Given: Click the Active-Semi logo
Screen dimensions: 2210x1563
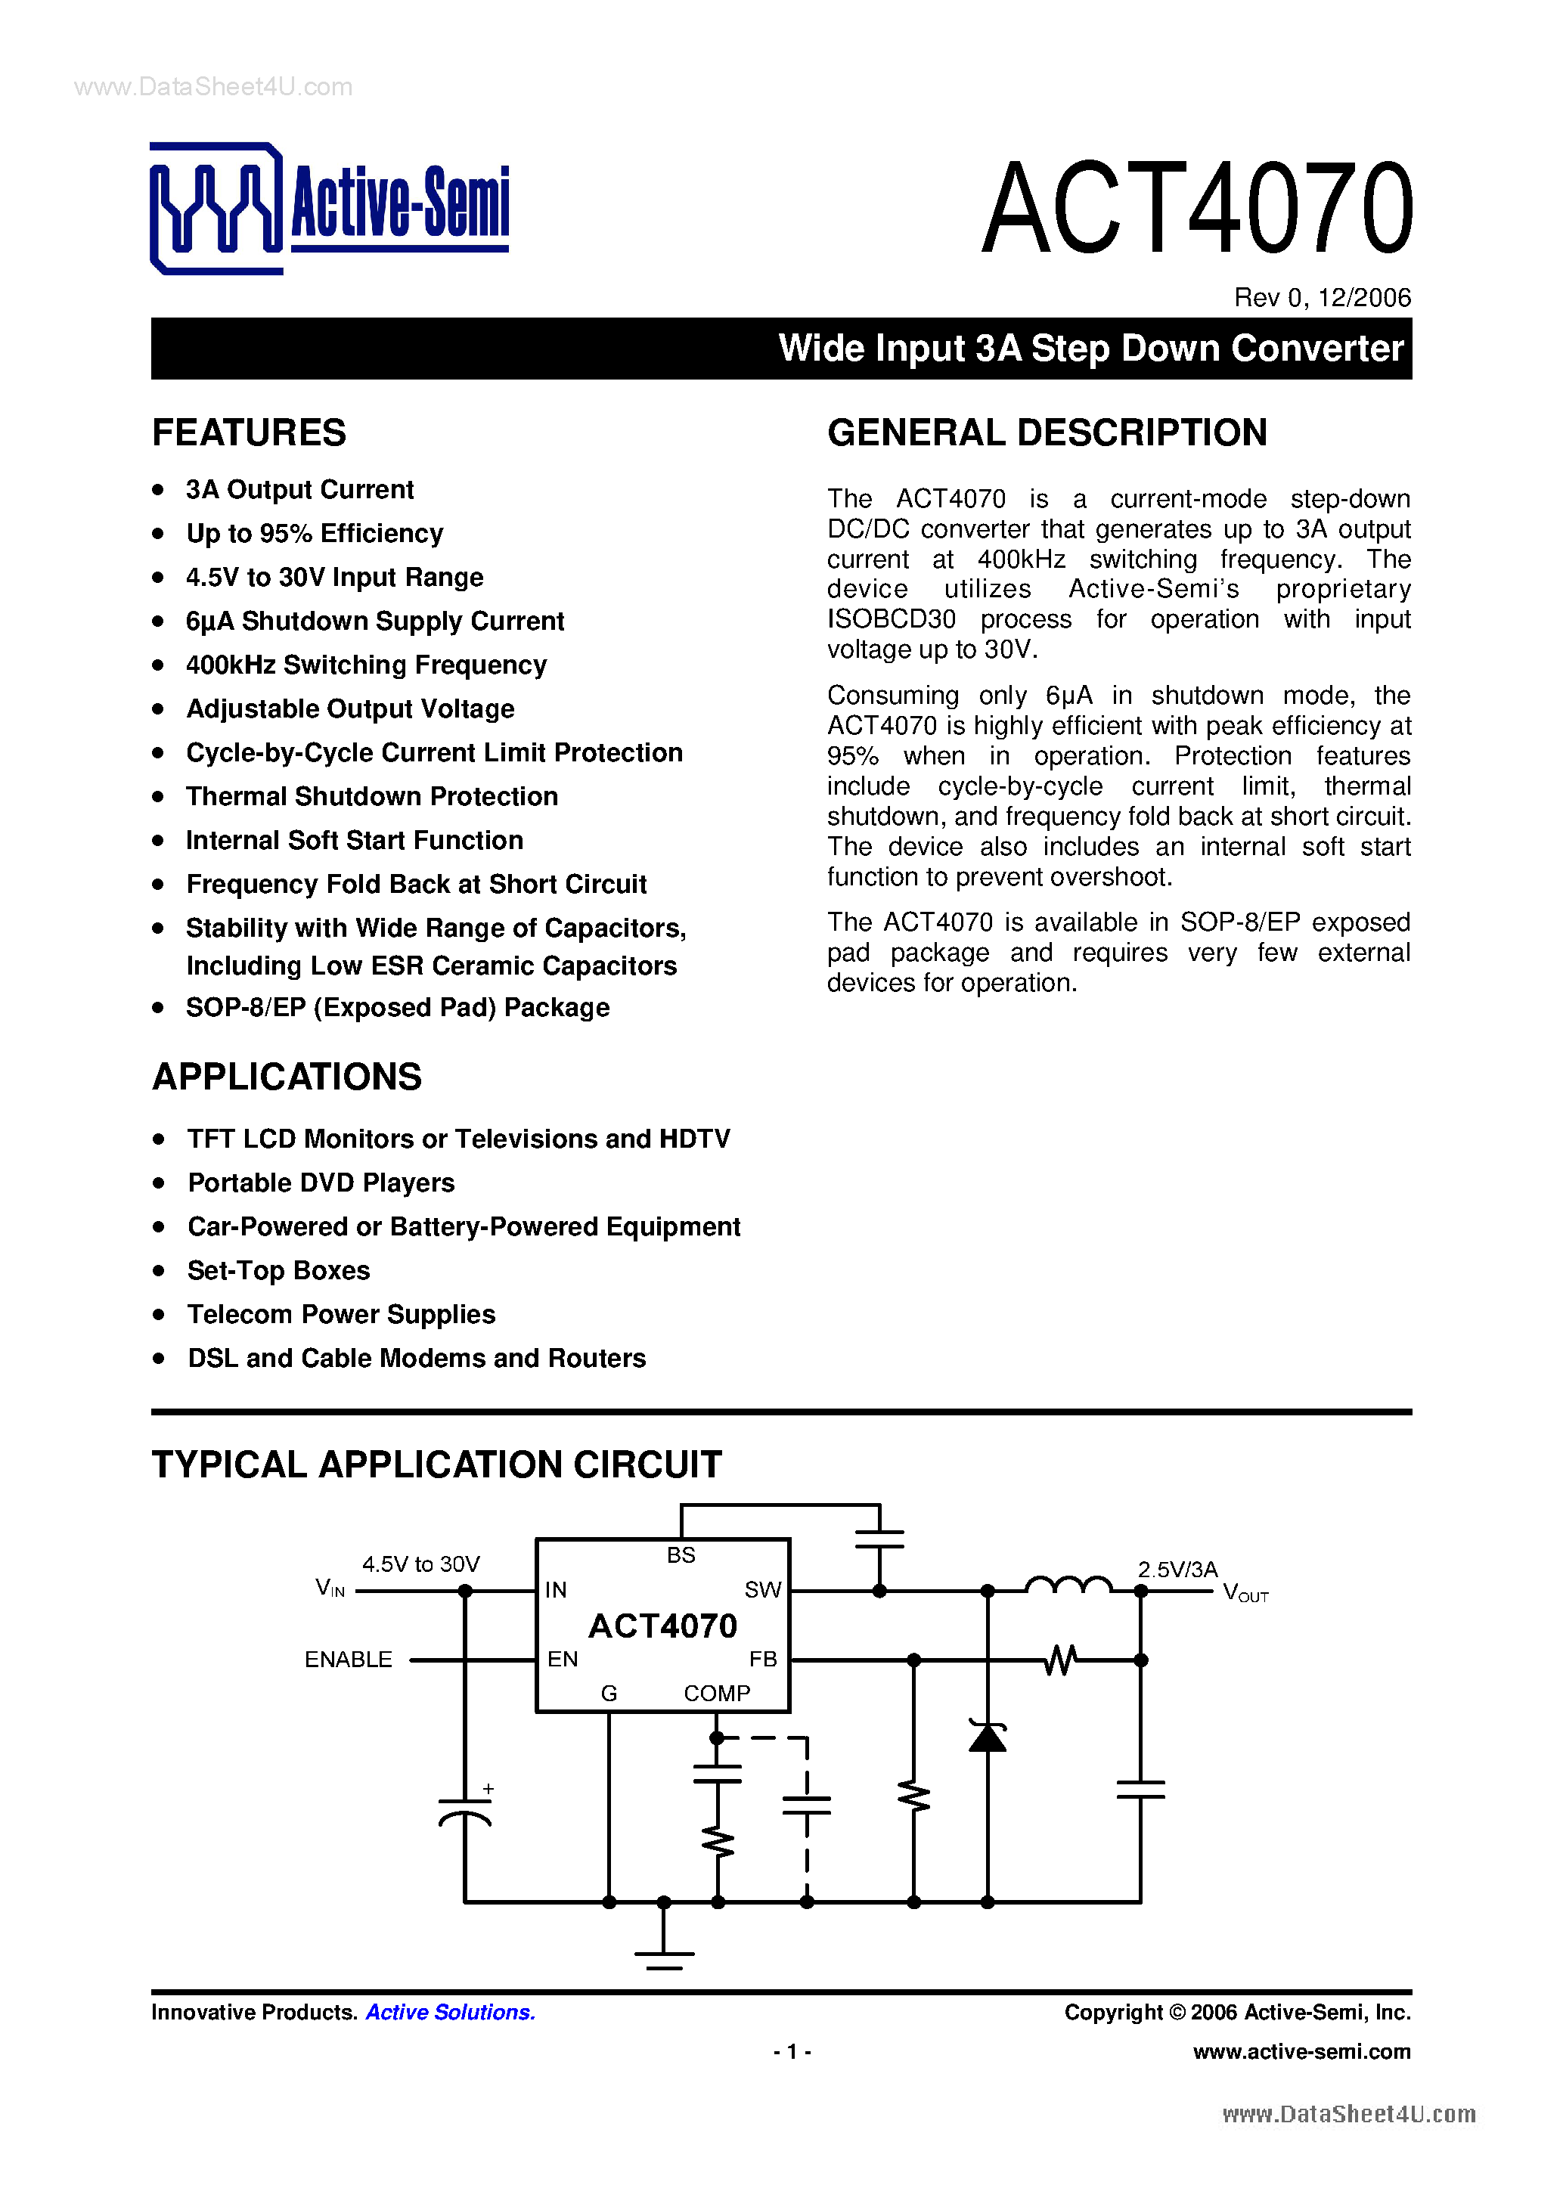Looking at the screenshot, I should [329, 208].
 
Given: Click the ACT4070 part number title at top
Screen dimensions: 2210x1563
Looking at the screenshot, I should [1196, 209].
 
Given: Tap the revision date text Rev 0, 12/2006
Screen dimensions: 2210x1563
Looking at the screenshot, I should [1322, 297].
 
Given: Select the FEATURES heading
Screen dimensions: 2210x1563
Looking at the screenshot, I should [250, 433].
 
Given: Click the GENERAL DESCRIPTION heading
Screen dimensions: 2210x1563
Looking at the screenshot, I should [1047, 433].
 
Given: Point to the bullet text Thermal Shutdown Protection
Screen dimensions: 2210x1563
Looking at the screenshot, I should [371, 796].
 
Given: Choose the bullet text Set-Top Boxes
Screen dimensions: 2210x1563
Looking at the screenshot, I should [278, 1270].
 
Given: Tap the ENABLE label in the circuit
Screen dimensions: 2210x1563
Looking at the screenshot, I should [349, 1660].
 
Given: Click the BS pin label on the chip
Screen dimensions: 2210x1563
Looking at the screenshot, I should [681, 1554].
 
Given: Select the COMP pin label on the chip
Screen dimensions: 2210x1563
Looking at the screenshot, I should [717, 1693].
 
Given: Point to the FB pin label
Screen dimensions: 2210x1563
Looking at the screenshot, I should [762, 1659].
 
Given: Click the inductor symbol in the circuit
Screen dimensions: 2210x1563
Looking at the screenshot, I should [1068, 1585].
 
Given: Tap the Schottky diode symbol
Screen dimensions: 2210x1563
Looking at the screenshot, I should [988, 1735].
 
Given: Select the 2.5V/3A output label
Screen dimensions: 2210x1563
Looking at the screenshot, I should [1177, 1569].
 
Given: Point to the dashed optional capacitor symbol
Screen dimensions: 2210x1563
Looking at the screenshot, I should [807, 1805].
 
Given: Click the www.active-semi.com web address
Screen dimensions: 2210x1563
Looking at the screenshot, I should [1301, 2051].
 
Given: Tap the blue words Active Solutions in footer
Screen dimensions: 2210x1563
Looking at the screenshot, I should [451, 2012].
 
